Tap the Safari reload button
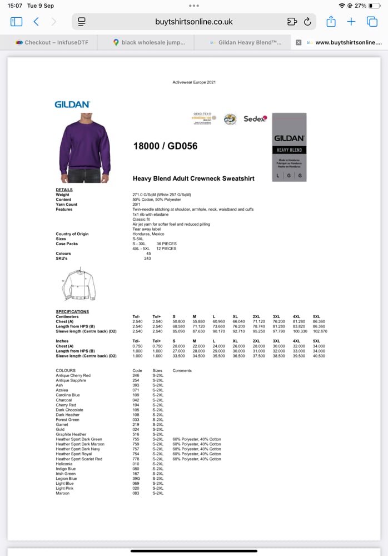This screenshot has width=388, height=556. pyautogui.click(x=307, y=22)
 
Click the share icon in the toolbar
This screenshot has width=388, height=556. pyautogui.click(x=331, y=22)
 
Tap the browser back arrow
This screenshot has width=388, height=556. pyautogui.click(x=36, y=22)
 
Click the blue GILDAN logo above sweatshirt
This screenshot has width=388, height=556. pyautogui.click(x=72, y=104)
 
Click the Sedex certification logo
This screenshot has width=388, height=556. pyautogui.click(x=255, y=118)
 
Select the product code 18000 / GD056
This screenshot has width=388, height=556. pyautogui.click(x=165, y=146)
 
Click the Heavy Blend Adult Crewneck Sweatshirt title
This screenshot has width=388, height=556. pyautogui.click(x=193, y=178)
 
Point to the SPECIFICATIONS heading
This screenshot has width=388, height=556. pyautogui.click(x=72, y=312)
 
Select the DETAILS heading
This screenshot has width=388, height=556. pyautogui.click(x=64, y=190)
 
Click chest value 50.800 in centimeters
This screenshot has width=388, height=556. pyautogui.click(x=179, y=321)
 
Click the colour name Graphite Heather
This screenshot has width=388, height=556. pyautogui.click(x=71, y=434)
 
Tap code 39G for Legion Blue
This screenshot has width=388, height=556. pyautogui.click(x=136, y=479)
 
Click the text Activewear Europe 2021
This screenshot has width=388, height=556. pyautogui.click(x=194, y=82)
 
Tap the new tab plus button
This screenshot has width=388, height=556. pyautogui.click(x=351, y=22)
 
